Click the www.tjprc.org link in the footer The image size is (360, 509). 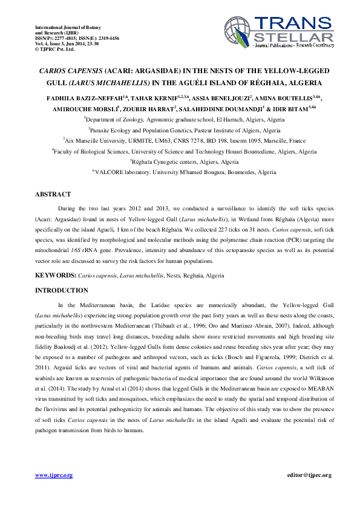click(x=54, y=475)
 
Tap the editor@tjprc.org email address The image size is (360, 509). click(x=309, y=475)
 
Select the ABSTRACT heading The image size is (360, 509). click(x=54, y=195)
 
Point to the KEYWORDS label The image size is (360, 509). click(x=55, y=275)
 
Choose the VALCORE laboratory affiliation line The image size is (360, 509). click(x=180, y=172)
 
